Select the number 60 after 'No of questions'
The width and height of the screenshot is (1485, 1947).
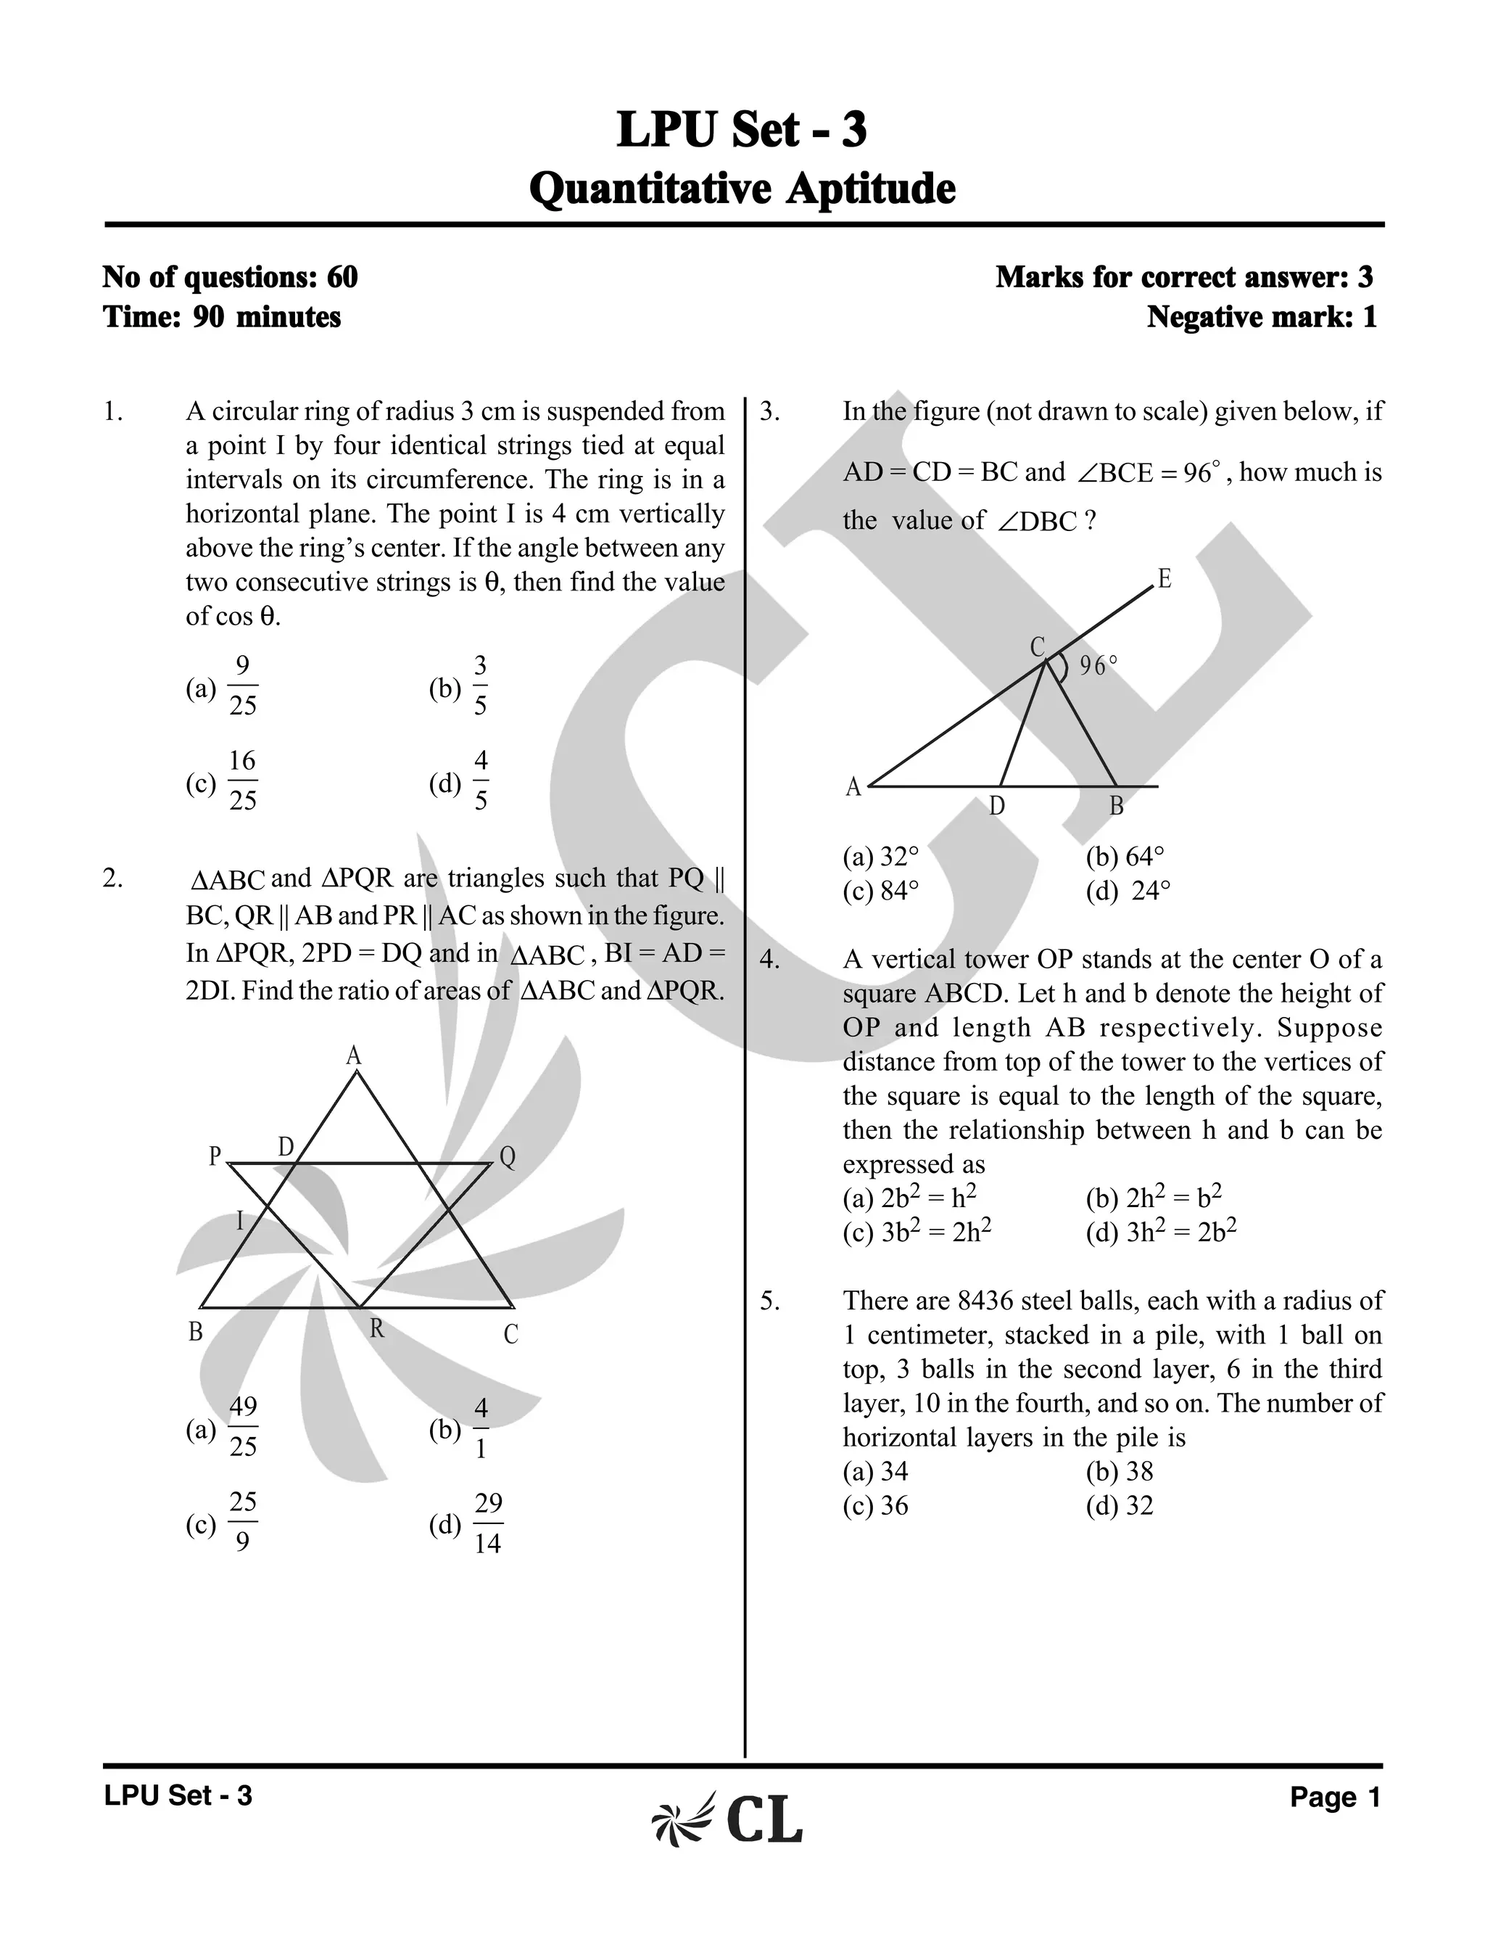click(x=342, y=278)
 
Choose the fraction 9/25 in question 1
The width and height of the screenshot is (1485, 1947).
click(x=243, y=686)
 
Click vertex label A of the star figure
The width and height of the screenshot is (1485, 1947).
click(x=354, y=1055)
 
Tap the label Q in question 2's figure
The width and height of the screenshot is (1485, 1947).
click(x=508, y=1158)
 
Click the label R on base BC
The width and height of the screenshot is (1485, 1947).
click(x=376, y=1329)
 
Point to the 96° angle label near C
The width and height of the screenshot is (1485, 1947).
click(x=1098, y=667)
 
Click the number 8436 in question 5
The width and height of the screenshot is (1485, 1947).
click(x=984, y=1301)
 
